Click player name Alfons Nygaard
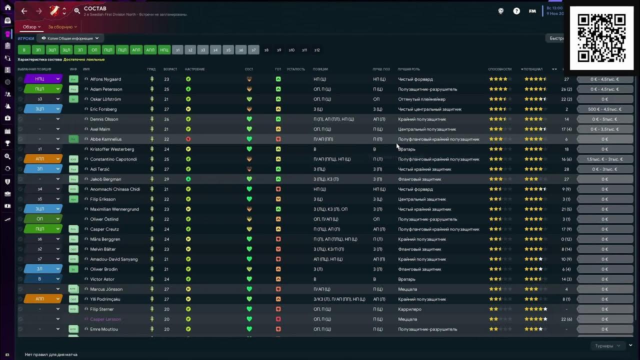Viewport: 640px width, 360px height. click(x=105, y=79)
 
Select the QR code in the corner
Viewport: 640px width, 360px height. click(x=601, y=38)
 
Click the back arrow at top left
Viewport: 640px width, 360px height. click(x=24, y=11)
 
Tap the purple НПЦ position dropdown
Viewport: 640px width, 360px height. click(x=42, y=79)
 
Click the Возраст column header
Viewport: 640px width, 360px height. click(x=170, y=69)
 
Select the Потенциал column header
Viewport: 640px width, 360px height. click(x=533, y=69)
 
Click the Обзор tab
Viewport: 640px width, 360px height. click(x=31, y=27)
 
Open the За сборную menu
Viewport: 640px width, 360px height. click(x=62, y=27)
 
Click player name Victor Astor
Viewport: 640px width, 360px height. click(x=102, y=279)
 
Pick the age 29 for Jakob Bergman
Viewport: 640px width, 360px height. click(x=166, y=179)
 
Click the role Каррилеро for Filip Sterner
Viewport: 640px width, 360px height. click(x=409, y=309)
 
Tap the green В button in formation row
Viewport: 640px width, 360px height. click(x=24, y=50)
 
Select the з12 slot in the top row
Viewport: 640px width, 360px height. click(x=317, y=50)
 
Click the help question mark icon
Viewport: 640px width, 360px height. click(x=516, y=11)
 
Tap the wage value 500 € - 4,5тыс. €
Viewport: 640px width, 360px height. click(x=604, y=109)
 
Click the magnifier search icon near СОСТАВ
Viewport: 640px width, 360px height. click(x=77, y=11)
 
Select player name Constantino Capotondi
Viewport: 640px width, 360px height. click(x=113, y=159)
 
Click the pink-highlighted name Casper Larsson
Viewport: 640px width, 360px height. click(x=105, y=319)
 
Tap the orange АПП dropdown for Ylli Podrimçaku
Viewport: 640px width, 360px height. click(x=42, y=299)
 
